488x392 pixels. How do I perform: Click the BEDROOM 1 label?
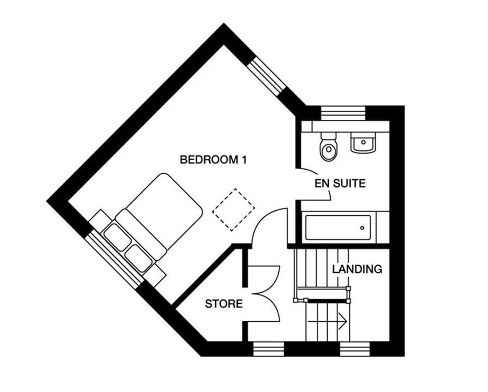[x=213, y=160]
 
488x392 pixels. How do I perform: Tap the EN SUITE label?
[x=340, y=183]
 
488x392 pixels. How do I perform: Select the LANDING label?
[x=357, y=269]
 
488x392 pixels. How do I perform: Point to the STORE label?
[x=224, y=304]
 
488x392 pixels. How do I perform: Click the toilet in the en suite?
[x=329, y=146]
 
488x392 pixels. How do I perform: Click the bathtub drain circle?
[x=362, y=228]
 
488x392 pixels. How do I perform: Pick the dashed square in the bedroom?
[x=233, y=210]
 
